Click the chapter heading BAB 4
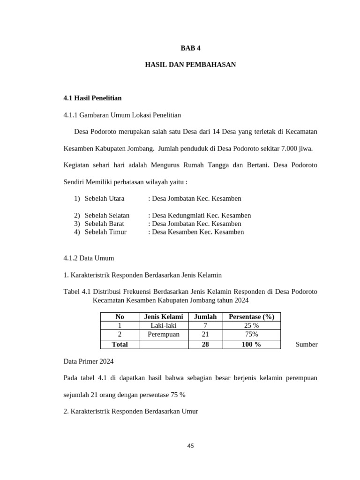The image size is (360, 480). point(190,48)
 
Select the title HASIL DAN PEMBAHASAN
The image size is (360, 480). point(190,65)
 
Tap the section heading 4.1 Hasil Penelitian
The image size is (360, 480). point(92,98)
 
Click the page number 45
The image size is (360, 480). point(190,446)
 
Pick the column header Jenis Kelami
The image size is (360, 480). point(164,317)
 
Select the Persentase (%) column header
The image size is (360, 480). point(251,317)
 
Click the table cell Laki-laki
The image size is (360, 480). point(164,326)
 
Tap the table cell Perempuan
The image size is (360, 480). point(164,335)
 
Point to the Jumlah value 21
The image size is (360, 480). point(205,335)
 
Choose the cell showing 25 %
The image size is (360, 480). point(251,326)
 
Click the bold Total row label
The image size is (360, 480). point(120,344)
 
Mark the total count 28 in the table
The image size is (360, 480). point(205,344)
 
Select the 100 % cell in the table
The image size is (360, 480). point(251,344)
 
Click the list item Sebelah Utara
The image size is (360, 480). point(105,198)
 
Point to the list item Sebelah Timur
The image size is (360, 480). point(105,232)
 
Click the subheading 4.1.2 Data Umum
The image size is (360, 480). point(89,258)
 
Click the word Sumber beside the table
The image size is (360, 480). point(307,345)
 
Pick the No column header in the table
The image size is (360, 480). point(120,317)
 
